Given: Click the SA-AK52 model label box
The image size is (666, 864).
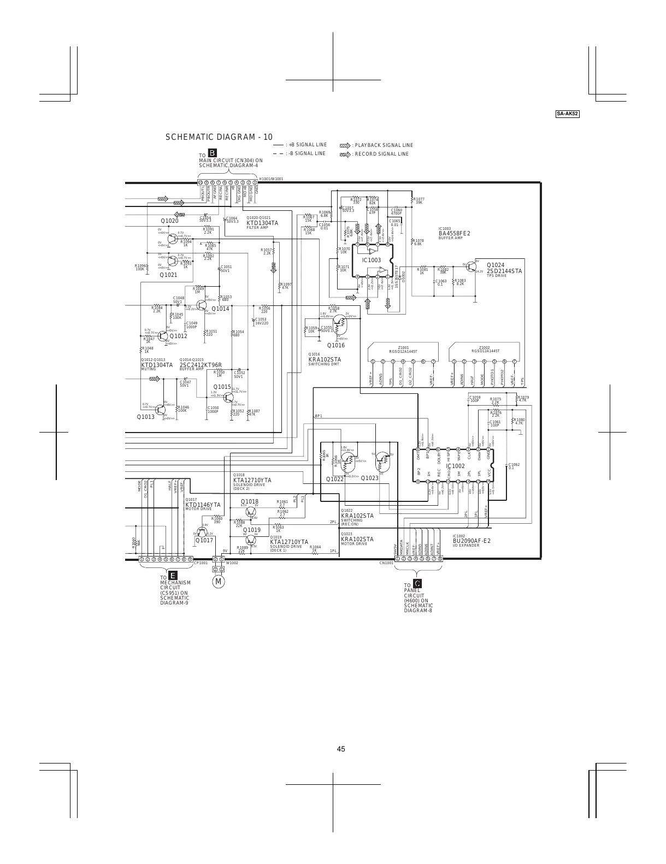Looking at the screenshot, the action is tap(568, 114).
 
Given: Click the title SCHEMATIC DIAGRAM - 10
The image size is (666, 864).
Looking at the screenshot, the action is tap(219, 137).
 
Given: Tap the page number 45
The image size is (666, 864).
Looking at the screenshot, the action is tap(341, 749).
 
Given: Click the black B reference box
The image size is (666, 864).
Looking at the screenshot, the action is tap(213, 152).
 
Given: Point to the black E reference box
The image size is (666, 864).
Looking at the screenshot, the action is tap(172, 576).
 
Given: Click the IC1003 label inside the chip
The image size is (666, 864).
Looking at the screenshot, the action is tap(371, 260).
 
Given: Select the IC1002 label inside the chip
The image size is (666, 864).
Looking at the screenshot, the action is tap(455, 466).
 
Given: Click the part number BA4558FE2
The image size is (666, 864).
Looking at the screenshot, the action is tap(454, 234).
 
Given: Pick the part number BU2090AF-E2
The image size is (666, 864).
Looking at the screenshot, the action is tap(471, 541).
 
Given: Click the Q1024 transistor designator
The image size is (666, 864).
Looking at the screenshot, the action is tap(496, 265).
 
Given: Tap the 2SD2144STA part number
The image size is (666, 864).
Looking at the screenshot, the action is tap(504, 271).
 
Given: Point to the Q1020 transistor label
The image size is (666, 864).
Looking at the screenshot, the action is tap(169, 221).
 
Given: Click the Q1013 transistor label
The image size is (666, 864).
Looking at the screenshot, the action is tap(146, 417).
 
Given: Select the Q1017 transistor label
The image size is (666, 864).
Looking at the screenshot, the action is tap(204, 540).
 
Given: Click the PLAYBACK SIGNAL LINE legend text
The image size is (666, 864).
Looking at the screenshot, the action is tap(384, 145).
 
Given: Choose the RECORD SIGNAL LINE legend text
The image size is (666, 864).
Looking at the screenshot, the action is tap(381, 154).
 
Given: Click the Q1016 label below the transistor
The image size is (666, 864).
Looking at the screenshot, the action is tap(336, 345).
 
